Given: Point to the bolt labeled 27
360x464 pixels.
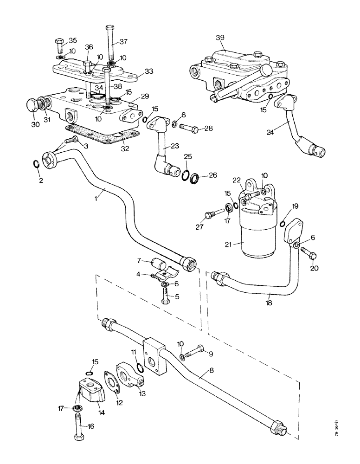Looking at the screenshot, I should click(210, 214).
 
